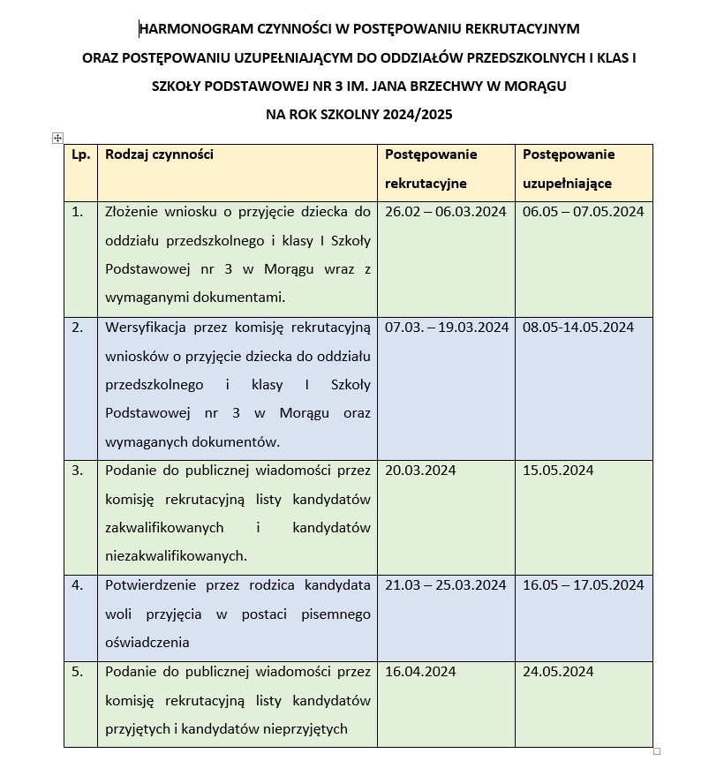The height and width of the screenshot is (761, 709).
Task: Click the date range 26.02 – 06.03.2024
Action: [x=445, y=212]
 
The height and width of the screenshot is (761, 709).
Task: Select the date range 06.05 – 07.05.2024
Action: [x=583, y=212]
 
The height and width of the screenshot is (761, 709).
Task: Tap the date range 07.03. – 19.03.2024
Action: [x=447, y=328]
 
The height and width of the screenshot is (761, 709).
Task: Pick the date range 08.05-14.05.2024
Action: [x=578, y=328]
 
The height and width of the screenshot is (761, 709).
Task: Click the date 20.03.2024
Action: [x=421, y=471]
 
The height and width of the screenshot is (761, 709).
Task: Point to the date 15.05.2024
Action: [x=558, y=471]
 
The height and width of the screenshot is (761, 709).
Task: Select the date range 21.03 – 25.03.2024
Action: [x=446, y=585]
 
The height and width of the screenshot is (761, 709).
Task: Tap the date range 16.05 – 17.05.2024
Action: [x=583, y=585]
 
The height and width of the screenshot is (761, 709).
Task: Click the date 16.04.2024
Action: [x=421, y=672]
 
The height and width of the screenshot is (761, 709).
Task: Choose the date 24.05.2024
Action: [x=558, y=672]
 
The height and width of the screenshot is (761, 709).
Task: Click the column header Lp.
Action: [x=79, y=154]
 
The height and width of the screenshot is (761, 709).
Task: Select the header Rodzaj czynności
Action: [x=159, y=154]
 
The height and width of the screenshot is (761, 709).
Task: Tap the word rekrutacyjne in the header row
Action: [x=426, y=184]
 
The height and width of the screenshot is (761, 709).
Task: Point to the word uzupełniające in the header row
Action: [x=567, y=184]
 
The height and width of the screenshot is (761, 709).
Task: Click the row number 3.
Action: [x=78, y=471]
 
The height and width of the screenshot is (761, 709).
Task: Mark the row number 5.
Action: [x=78, y=672]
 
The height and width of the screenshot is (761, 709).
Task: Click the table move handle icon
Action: [x=57, y=138]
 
